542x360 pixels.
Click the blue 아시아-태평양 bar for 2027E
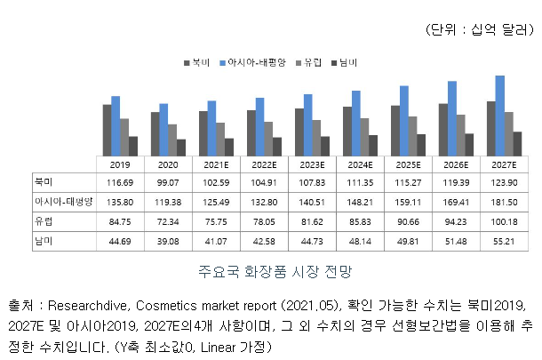tap(499, 116)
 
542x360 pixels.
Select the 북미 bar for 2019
tap(108, 131)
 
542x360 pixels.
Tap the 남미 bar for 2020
tap(181, 148)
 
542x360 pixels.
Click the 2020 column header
tap(167, 165)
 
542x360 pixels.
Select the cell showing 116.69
tap(119, 182)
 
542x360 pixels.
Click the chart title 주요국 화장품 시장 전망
tap(269, 268)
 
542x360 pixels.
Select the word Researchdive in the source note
tap(91, 305)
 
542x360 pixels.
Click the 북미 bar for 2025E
tap(395, 132)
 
